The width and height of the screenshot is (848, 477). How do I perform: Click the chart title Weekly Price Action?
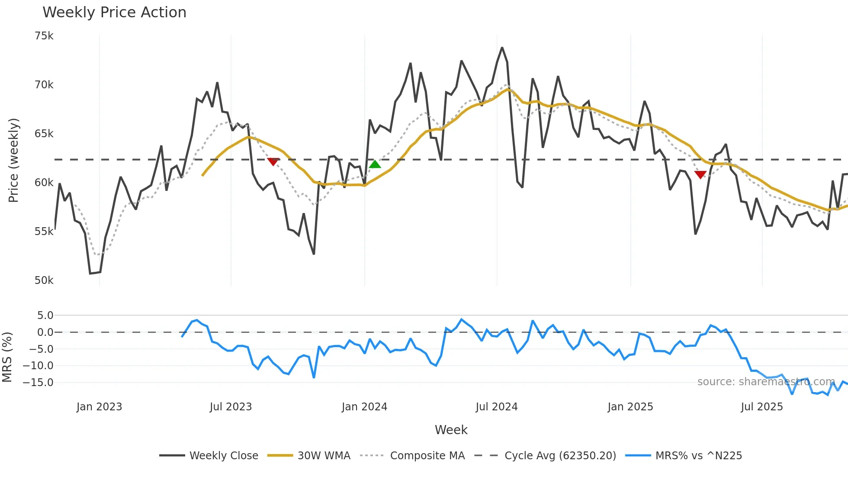coord(114,13)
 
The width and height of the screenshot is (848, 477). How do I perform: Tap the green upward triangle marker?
coord(375,164)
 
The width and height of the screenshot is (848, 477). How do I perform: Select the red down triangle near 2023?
coord(273,162)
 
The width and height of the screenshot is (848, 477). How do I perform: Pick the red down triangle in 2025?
coord(700,174)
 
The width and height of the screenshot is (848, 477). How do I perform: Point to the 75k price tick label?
coord(44,36)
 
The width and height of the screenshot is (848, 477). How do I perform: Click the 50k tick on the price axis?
coord(44,280)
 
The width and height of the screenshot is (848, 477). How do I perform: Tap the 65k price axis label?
coord(44,134)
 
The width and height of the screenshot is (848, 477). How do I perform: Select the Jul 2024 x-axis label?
coord(496,407)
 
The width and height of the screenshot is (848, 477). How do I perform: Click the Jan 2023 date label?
coord(99,407)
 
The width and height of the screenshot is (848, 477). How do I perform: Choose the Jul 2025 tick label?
coord(761,407)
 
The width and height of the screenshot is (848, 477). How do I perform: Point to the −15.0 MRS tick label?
coord(38,383)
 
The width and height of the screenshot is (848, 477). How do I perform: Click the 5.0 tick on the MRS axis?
coord(45,316)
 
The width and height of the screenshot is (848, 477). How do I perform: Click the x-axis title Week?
coord(451,430)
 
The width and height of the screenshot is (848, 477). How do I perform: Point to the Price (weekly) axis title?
coord(13,160)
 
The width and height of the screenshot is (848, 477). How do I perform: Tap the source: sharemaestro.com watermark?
coord(766,382)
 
